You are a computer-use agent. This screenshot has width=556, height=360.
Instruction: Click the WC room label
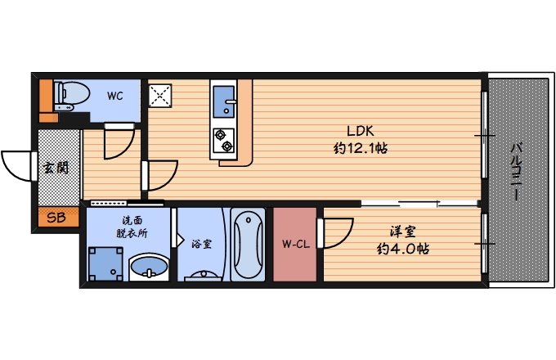(114, 96)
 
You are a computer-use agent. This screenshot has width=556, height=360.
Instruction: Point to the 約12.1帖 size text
(361, 149)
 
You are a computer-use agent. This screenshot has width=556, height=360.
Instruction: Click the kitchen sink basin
(222, 103)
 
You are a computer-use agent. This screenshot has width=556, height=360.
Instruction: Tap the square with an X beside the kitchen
(159, 96)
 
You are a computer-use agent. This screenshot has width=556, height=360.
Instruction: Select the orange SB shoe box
(56, 218)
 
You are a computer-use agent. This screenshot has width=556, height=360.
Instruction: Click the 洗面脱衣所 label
(131, 227)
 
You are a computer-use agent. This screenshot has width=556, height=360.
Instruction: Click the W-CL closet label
(294, 244)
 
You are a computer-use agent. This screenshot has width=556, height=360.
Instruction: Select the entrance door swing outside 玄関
(18, 168)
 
